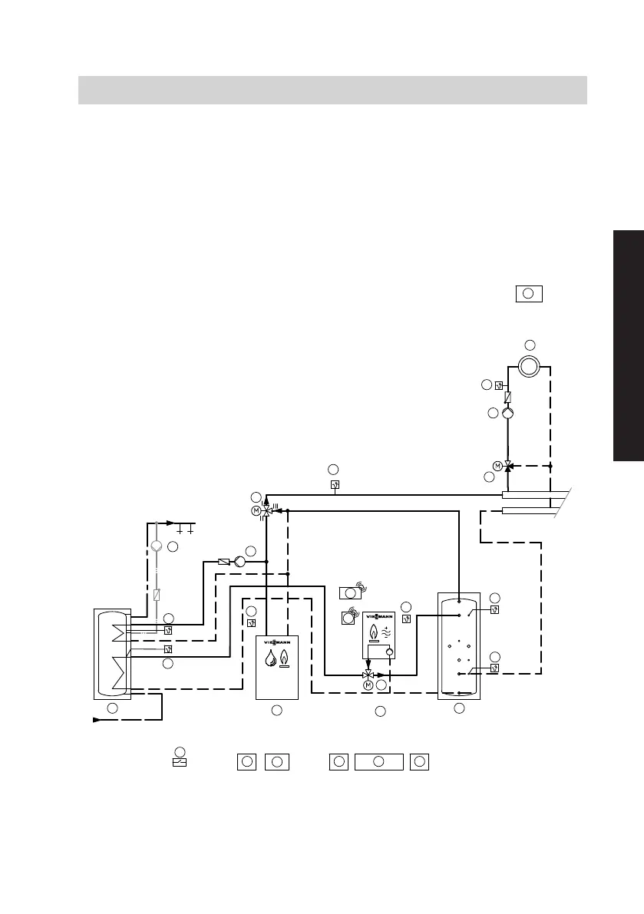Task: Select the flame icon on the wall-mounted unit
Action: click(x=374, y=632)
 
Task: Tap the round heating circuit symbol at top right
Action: click(x=528, y=367)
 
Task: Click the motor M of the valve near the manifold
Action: click(x=497, y=466)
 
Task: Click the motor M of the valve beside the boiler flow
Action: click(x=256, y=511)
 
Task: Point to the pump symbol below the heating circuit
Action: click(x=507, y=413)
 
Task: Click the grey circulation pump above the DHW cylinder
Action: click(x=157, y=546)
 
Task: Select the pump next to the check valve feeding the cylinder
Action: click(x=239, y=562)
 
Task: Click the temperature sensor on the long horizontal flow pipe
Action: click(x=335, y=485)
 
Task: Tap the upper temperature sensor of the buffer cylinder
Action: click(x=495, y=611)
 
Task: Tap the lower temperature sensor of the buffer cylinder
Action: click(x=495, y=668)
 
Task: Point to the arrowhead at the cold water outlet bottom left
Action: click(x=96, y=720)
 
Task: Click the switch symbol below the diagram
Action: click(x=180, y=763)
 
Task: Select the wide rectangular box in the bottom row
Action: click(x=378, y=761)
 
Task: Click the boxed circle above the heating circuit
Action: click(x=528, y=293)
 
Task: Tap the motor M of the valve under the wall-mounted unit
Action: click(x=368, y=685)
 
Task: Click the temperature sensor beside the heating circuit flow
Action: click(x=499, y=385)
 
